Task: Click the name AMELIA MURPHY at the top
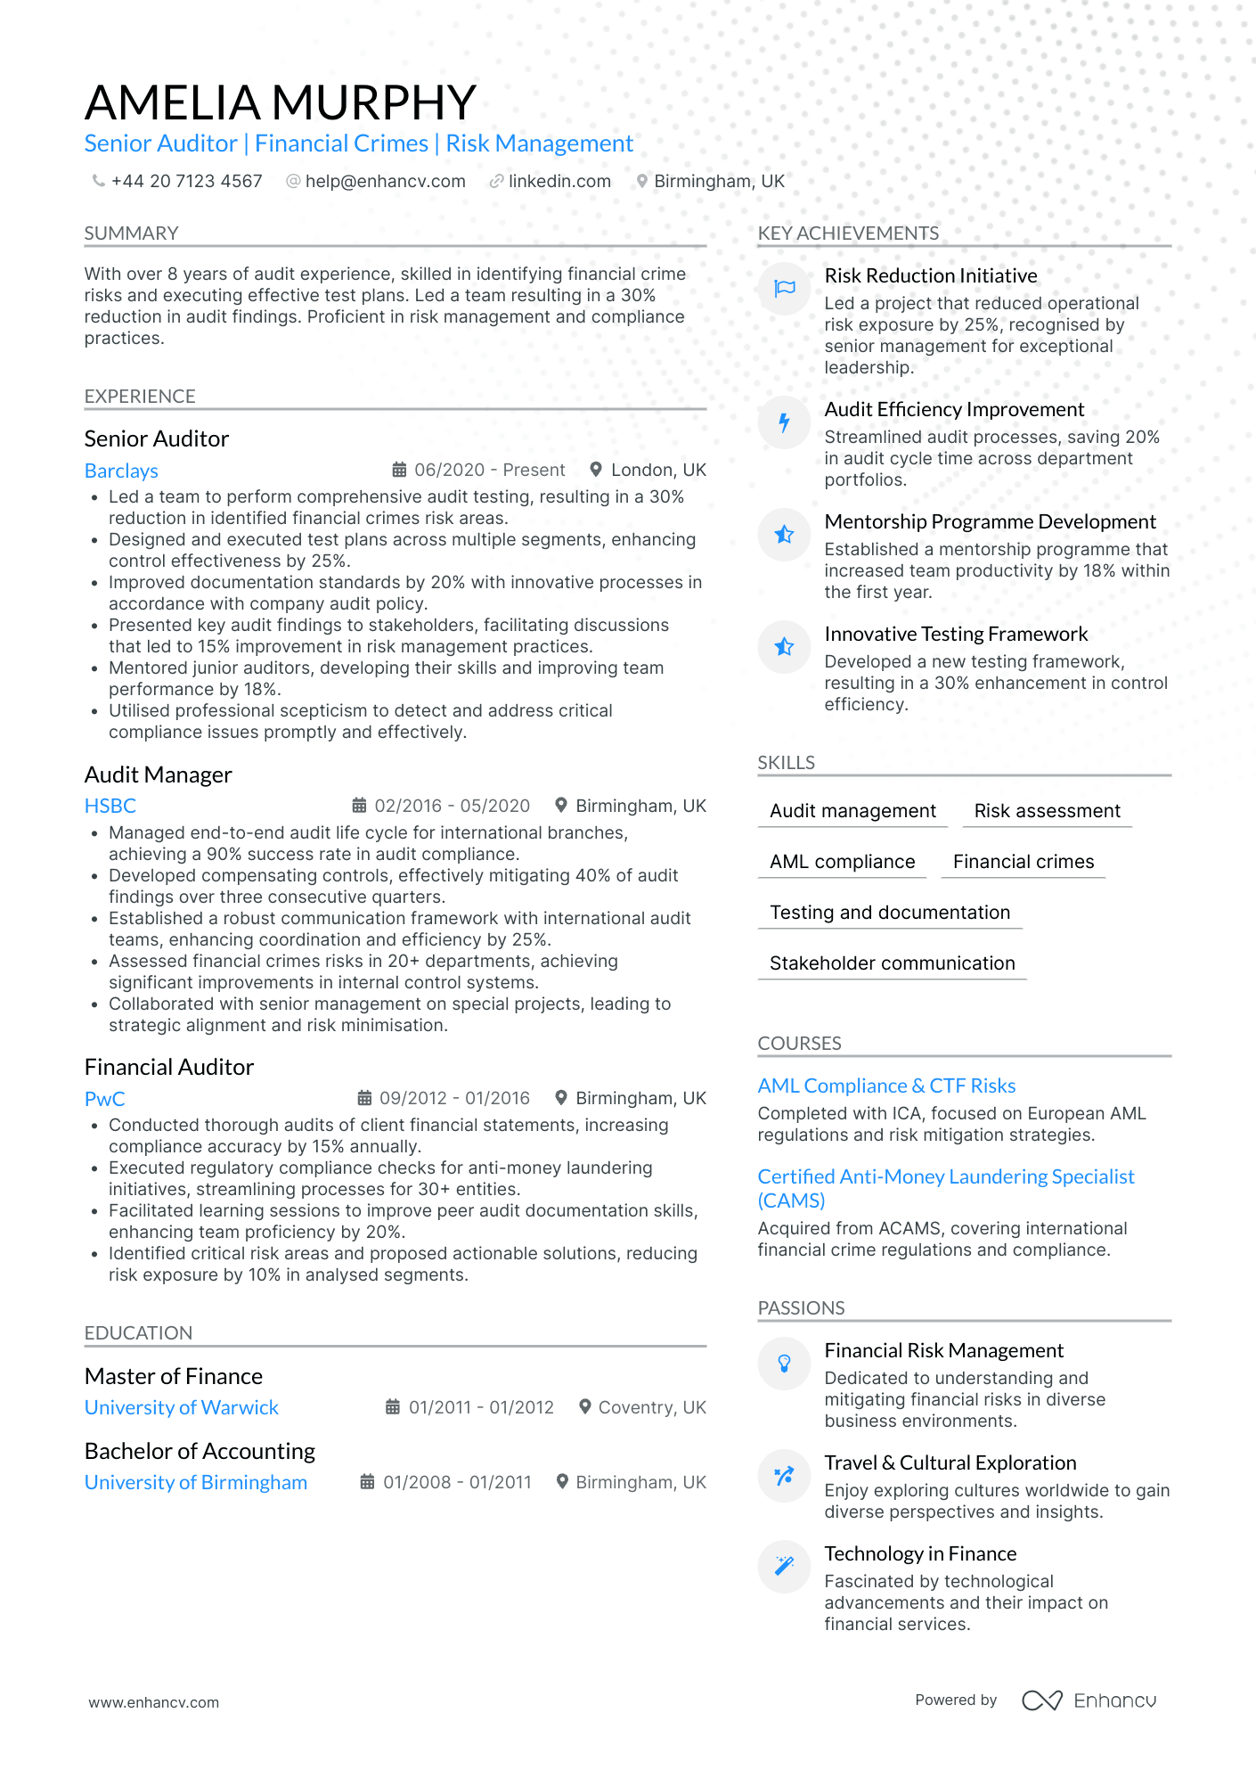(x=281, y=102)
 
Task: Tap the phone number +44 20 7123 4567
(x=186, y=181)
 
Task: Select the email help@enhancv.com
(x=385, y=181)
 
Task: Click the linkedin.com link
(x=559, y=181)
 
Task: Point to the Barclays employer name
(x=121, y=471)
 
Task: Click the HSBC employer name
(x=110, y=806)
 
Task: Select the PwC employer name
(x=105, y=1099)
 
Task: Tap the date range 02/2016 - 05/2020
(x=452, y=806)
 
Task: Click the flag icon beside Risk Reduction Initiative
(x=784, y=288)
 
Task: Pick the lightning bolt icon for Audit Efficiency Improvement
(x=784, y=422)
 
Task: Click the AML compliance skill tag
(x=842, y=862)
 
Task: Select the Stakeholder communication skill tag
(x=892, y=963)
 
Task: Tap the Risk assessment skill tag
(x=1047, y=811)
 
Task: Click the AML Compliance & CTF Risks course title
(x=886, y=1086)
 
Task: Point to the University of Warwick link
(x=182, y=1407)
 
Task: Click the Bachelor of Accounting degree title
(x=200, y=1451)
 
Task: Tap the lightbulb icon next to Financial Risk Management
(x=784, y=1363)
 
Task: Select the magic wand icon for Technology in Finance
(x=784, y=1566)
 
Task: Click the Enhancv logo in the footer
(x=1089, y=1700)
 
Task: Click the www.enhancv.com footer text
(x=153, y=1702)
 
